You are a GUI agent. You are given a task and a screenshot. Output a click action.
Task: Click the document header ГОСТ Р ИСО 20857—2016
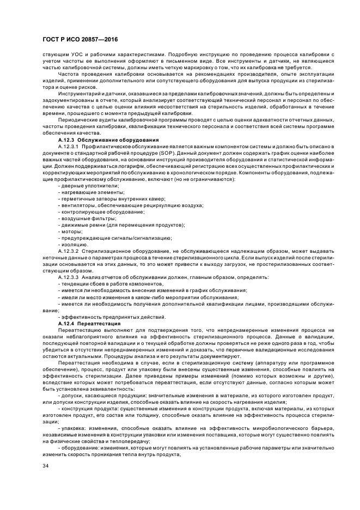tap(80, 40)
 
